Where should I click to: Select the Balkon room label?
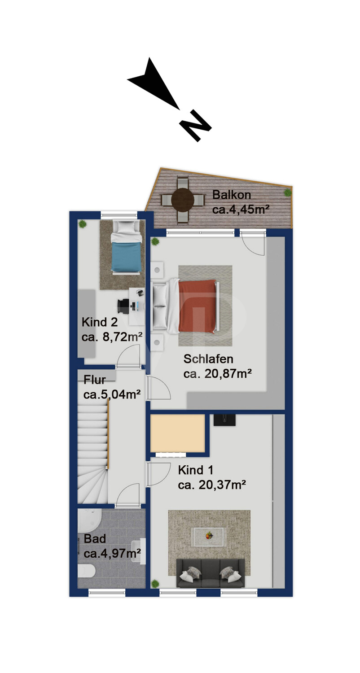point(232,195)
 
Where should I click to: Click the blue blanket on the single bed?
point(126,257)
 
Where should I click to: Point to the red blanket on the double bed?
point(198,306)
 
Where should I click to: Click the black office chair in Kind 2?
point(123,306)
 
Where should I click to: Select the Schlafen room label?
point(208,359)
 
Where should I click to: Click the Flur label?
point(95,380)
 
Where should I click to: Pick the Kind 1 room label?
point(196,470)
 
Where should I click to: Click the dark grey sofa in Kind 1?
point(211,573)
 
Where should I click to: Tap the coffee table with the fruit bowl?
point(208,537)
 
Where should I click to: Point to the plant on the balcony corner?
point(287,192)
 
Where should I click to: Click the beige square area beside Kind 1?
point(178,433)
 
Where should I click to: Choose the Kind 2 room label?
point(100,322)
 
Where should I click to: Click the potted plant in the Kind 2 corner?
point(82,223)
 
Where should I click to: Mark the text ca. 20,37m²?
point(212,485)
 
